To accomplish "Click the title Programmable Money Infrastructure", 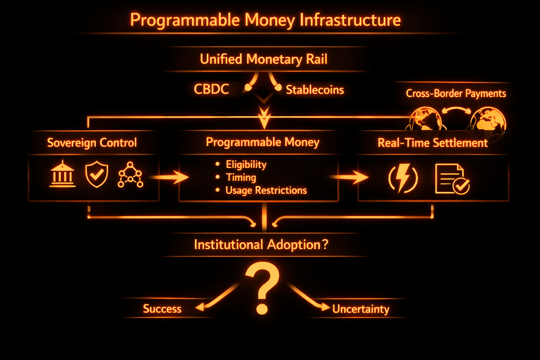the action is [265, 20].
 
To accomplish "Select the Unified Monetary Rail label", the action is [264, 59].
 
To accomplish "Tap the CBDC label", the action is [211, 89].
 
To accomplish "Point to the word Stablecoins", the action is [315, 90].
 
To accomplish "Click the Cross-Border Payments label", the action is [456, 94].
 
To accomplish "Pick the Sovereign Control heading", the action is [92, 143].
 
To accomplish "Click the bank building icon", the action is [63, 174].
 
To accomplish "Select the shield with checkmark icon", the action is [97, 174].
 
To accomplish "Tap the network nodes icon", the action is [130, 175].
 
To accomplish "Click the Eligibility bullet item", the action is [246, 165].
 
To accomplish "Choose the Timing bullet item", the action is [241, 178].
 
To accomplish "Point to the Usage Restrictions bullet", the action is [266, 191].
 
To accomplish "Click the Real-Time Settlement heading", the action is [432, 143].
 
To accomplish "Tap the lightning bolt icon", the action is [403, 178].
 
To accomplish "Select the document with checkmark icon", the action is [452, 179].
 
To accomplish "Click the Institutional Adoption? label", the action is [261, 245].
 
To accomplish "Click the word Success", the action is [162, 309].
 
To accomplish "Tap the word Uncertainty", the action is [361, 309].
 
